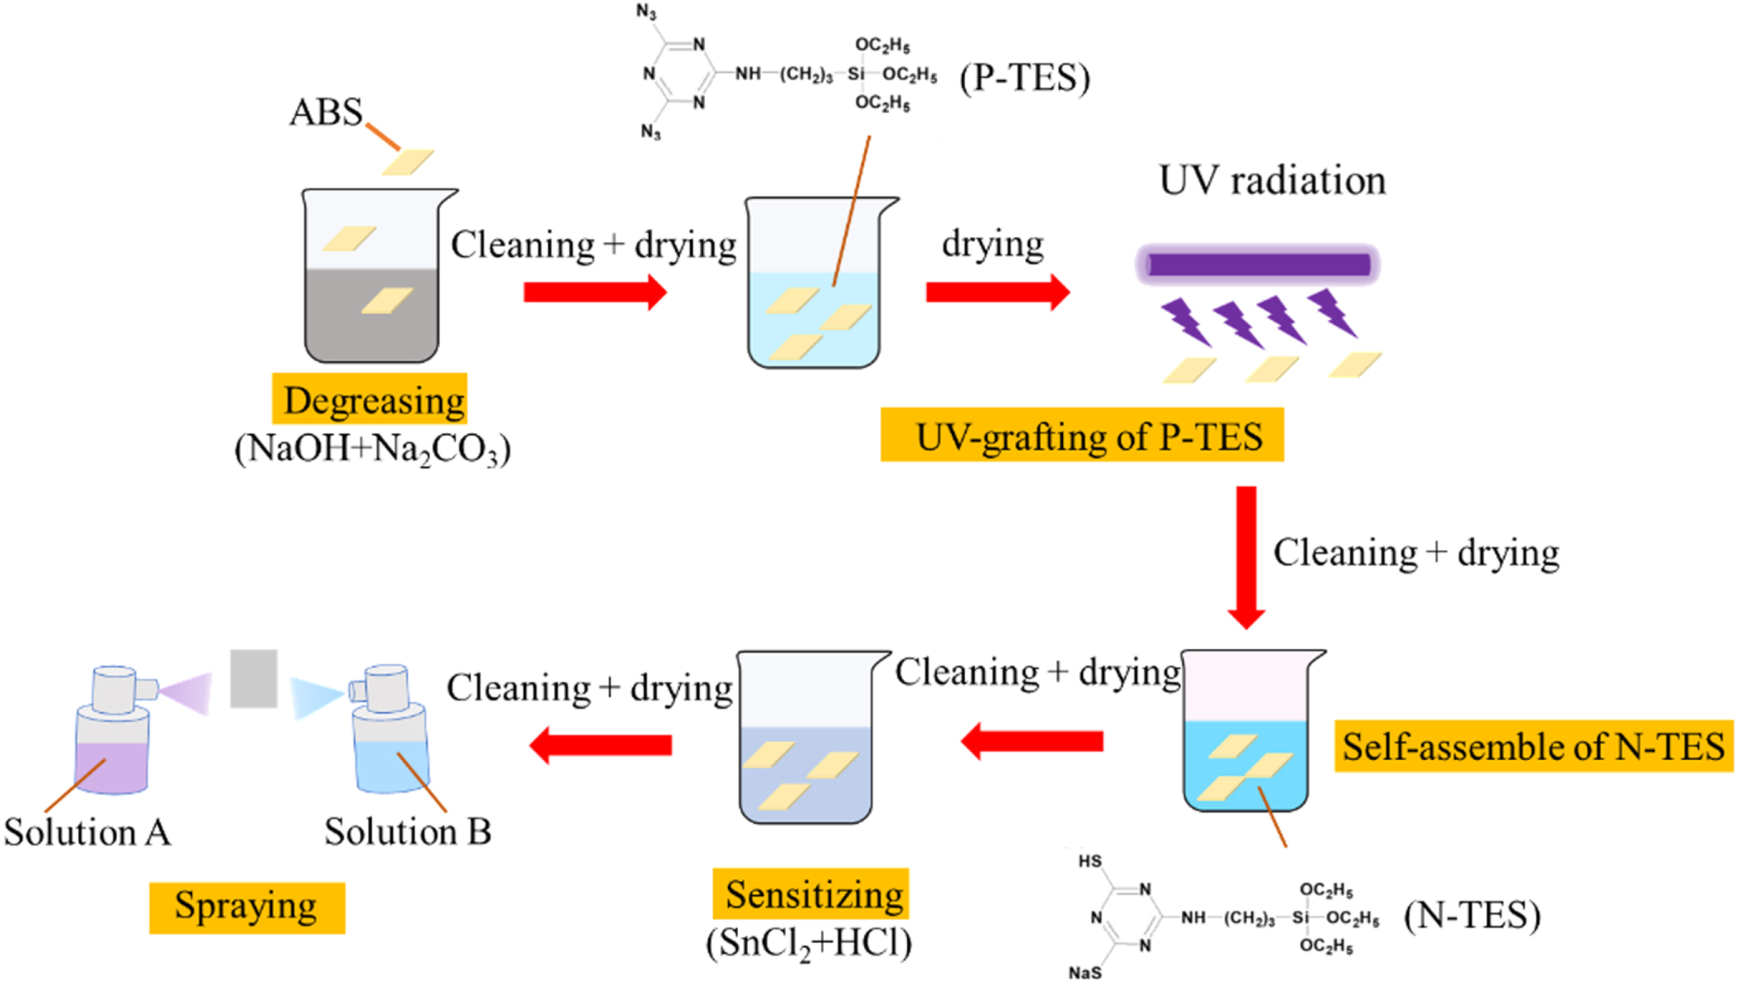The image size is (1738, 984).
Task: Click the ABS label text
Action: (x=326, y=113)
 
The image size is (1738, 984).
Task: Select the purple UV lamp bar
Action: (x=1258, y=265)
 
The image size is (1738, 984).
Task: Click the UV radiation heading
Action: (x=1272, y=181)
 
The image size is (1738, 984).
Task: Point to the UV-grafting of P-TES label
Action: (x=1082, y=436)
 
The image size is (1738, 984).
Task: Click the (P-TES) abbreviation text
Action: (x=1025, y=78)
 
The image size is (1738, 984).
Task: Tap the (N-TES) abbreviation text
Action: (x=1472, y=915)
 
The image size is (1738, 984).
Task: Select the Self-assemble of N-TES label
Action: (x=1533, y=746)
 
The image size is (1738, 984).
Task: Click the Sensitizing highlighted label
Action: (x=812, y=894)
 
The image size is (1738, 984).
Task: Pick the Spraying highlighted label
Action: (x=247, y=907)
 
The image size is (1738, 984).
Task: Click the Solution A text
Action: (x=87, y=833)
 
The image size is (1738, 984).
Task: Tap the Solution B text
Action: (x=408, y=832)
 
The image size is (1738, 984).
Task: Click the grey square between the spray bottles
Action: (x=254, y=678)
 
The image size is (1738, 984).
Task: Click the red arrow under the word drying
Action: (x=997, y=292)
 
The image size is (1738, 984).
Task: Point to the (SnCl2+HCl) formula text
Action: (x=809, y=944)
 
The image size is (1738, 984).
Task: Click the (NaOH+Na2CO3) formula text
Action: (x=373, y=449)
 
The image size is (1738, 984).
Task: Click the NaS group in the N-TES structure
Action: (x=1084, y=971)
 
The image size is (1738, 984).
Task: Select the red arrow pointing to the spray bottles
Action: (x=601, y=745)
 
